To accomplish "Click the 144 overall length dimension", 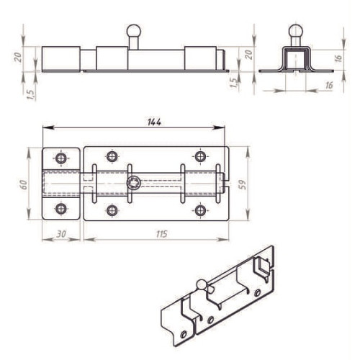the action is click(x=154, y=122).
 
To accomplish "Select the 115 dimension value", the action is click(x=162, y=234).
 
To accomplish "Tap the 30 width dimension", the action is click(x=61, y=234).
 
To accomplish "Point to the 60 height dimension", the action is click(x=24, y=184).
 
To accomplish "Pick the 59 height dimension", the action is click(x=243, y=184).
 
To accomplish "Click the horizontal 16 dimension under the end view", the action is click(x=329, y=85).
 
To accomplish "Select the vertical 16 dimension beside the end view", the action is click(x=338, y=58).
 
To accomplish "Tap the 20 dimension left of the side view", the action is click(x=18, y=57).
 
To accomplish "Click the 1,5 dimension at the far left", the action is click(x=32, y=94).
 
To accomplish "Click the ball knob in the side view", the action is click(x=133, y=31).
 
